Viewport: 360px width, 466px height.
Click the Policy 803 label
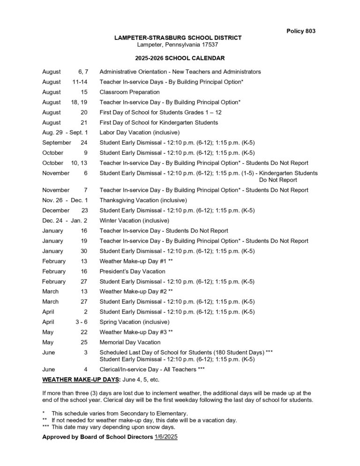pos(300,31)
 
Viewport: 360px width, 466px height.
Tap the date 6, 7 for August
pos(82,72)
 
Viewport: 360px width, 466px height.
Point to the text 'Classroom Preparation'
pos(129,92)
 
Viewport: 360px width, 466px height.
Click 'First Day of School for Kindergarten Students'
pos(158,122)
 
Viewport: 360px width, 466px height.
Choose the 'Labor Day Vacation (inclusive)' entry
pos(139,133)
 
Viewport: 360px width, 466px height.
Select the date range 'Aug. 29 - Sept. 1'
pos(65,133)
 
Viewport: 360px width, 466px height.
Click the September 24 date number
pos(83,143)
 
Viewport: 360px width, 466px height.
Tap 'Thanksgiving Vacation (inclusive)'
pos(143,200)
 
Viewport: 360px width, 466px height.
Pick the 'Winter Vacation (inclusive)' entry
pos(134,220)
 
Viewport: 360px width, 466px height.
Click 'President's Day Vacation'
pos(132,271)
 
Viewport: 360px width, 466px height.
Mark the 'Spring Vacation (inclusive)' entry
pos(135,322)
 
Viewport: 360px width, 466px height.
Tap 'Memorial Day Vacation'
pos(130,342)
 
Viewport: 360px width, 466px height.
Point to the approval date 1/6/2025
pos(166,437)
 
